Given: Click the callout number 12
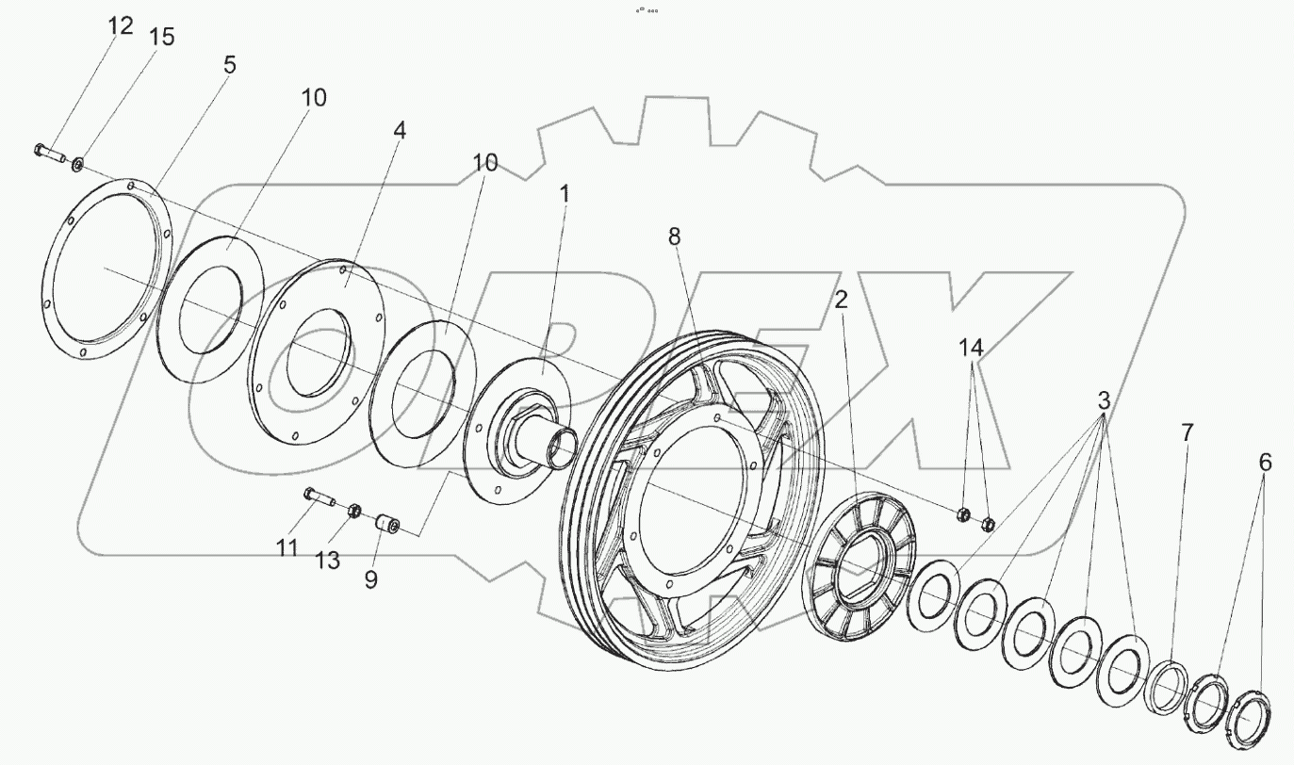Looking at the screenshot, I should (121, 26).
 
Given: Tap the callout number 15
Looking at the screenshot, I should (161, 38).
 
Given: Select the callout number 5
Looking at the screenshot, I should (229, 65).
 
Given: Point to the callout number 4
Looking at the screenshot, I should (400, 131).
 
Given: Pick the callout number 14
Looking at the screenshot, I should (972, 348).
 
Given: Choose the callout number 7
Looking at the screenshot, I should (1187, 433).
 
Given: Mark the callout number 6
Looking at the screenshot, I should (1265, 463).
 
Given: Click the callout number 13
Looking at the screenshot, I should (327, 562).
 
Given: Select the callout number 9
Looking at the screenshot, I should (370, 580).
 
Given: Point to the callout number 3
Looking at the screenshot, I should (1104, 399).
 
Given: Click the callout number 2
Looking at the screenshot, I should (841, 300).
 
